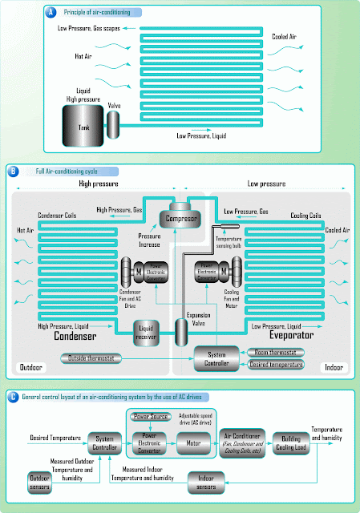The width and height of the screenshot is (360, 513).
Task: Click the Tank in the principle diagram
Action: pyautogui.click(x=84, y=127)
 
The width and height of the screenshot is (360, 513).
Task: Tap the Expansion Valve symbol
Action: pyautogui.click(x=180, y=331)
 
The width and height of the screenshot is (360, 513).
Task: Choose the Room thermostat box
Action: pyautogui.click(x=277, y=352)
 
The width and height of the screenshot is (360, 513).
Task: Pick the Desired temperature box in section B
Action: pyautogui.click(x=277, y=365)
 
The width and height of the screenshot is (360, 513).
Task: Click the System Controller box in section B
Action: pyautogui.click(x=217, y=358)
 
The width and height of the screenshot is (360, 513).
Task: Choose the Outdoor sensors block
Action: pyautogui.click(x=36, y=482)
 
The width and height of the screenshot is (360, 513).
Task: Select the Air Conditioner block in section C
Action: pyautogui.click(x=244, y=441)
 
